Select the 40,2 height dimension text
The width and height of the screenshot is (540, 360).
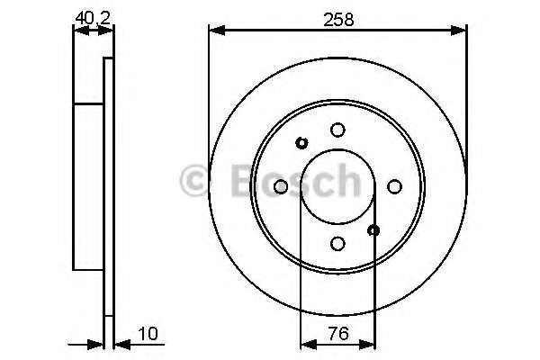pyautogui.click(x=88, y=15)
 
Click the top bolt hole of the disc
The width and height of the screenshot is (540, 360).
pyautogui.click(x=337, y=130)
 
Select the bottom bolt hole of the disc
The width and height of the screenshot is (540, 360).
pyautogui.click(x=337, y=243)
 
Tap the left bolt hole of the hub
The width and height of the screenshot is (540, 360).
pyautogui.click(x=280, y=186)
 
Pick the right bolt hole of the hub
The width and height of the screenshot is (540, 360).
pyautogui.click(x=394, y=186)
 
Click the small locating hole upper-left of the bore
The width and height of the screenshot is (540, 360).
pyautogui.click(x=301, y=142)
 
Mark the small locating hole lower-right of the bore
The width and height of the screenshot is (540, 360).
pyautogui.click(x=374, y=230)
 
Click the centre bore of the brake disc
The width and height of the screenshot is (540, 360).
pyautogui.click(x=337, y=186)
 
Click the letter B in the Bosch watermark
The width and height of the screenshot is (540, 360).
pyautogui.click(x=236, y=181)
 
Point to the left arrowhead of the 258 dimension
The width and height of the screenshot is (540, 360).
pyautogui.click(x=214, y=31)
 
